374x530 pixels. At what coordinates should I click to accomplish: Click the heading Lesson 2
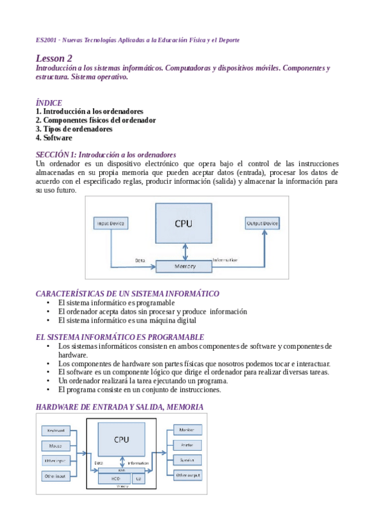pos(54,57)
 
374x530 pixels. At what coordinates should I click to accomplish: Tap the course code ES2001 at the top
pos(47,40)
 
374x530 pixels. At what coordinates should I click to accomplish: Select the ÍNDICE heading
pos(49,102)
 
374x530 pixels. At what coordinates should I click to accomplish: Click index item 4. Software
pos(54,137)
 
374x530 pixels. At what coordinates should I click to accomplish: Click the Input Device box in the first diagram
pos(111,223)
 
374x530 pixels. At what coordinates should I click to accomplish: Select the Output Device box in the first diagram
pos(262,223)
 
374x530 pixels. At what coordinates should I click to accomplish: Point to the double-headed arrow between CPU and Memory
pos(184,251)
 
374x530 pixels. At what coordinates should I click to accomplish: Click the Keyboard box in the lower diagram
pos(57,431)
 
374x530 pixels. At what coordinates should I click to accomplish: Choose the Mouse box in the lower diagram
pos(57,446)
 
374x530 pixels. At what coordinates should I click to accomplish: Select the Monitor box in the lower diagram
pos(187,431)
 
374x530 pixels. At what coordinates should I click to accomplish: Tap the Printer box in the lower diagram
pos(187,446)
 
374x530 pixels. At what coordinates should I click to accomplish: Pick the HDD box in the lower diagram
pos(116,478)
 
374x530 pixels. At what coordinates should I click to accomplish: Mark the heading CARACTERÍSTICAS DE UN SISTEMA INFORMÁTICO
pos(127,294)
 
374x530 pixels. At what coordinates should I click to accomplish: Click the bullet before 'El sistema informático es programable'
pos(49,302)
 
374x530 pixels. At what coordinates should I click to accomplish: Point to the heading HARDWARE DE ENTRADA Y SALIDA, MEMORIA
pos(119,407)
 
